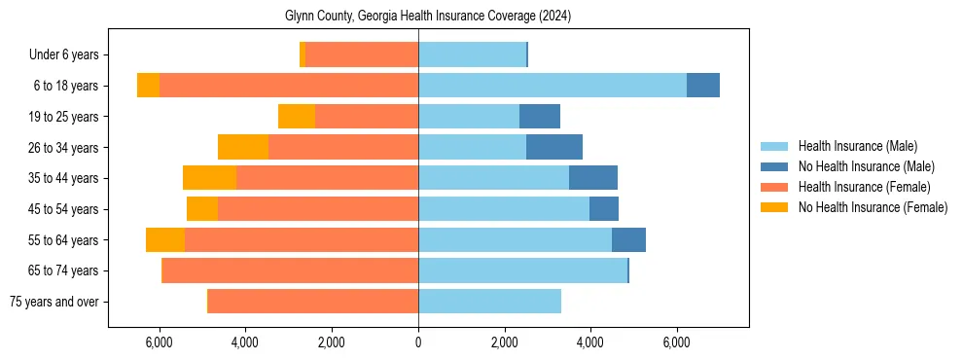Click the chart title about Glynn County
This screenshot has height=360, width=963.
427,17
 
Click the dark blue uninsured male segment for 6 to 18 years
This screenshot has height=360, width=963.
702,86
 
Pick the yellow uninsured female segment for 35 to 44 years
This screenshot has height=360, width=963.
209,178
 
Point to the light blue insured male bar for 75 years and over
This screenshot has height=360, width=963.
489,302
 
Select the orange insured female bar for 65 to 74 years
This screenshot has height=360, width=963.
290,270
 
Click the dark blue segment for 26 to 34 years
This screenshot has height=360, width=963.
553,147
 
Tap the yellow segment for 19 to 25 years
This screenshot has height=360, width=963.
297,117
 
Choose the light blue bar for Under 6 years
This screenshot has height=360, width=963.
472,55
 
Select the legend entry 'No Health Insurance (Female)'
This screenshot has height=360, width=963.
873,207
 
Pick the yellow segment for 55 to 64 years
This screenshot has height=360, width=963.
165,240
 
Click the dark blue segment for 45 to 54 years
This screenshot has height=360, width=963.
603,209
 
